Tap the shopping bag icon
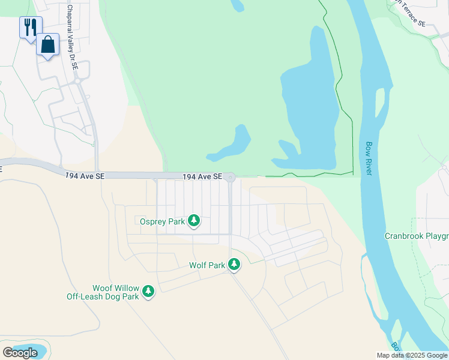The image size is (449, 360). tap(47, 44)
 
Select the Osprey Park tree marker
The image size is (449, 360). tap(194, 221)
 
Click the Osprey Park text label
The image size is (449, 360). tap(162, 221)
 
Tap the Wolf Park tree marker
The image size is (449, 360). tap(234, 264)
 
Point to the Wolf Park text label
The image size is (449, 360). tap(207, 265)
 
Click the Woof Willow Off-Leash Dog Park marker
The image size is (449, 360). tap(148, 292)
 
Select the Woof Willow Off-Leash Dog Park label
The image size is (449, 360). tap(103, 292)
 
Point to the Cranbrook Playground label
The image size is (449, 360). tap(417, 236)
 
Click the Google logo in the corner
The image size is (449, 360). tap(20, 353)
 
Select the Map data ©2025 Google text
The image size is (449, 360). tap(412, 355)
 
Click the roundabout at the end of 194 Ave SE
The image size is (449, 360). tap(230, 177)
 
